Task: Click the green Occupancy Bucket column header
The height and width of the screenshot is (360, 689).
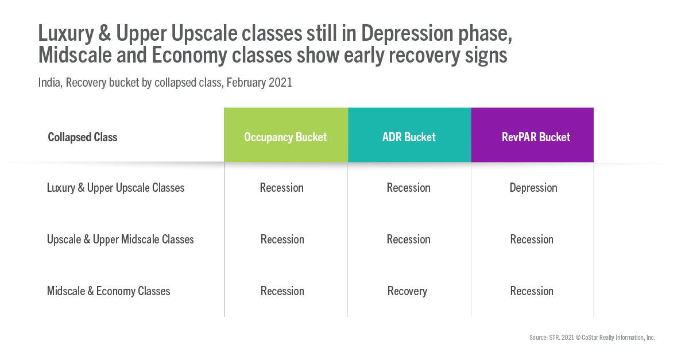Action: (286, 135)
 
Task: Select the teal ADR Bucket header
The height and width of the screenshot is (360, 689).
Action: (409, 135)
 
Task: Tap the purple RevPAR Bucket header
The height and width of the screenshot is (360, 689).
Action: (532, 135)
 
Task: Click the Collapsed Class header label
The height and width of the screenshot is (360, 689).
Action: (83, 137)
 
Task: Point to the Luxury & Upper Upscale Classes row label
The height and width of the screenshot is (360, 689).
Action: (115, 188)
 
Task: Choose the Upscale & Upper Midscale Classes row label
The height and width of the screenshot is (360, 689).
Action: (120, 239)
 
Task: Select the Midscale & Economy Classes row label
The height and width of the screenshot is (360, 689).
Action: (109, 291)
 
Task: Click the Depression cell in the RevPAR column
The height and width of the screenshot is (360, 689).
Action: (533, 188)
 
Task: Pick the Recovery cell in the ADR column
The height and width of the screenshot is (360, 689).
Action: (407, 291)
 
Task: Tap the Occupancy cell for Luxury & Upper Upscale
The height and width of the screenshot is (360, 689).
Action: (282, 188)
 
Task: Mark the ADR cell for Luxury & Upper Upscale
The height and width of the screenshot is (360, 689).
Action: (408, 188)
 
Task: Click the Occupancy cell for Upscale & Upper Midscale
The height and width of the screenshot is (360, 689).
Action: (282, 239)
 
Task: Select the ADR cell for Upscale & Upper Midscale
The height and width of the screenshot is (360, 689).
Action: (408, 239)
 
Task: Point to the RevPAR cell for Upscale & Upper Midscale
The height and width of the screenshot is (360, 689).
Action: (532, 239)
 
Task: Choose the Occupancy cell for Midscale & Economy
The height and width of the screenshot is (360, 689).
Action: (282, 291)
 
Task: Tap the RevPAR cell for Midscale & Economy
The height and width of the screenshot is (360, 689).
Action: (532, 291)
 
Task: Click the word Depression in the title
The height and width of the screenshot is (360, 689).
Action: (407, 33)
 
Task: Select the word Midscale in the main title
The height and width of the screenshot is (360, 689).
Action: (75, 55)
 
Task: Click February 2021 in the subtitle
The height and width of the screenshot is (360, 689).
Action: (260, 83)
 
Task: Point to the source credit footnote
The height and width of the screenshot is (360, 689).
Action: (593, 338)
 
